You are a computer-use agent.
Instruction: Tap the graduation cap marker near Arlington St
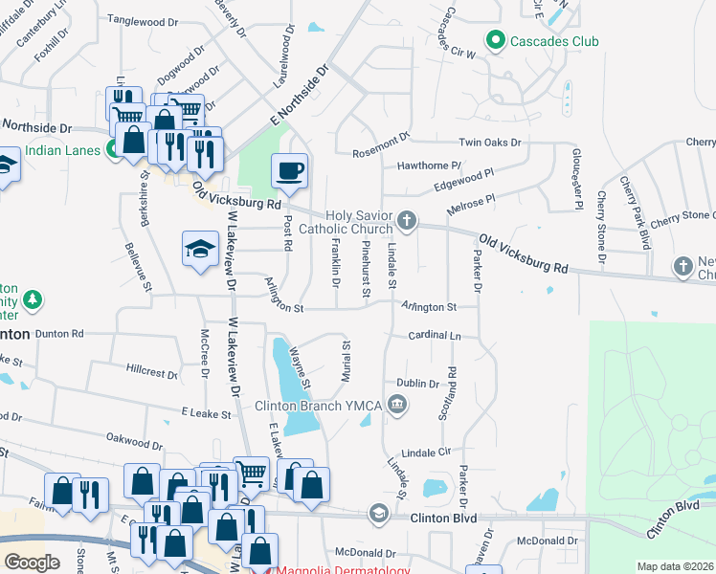tap(200, 249)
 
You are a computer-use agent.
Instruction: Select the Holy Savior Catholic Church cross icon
tap(407, 222)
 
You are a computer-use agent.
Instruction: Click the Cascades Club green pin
tap(495, 41)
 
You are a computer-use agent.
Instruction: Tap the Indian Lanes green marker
tap(113, 149)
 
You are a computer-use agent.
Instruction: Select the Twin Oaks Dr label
tap(490, 143)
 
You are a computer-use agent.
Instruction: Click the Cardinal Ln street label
tap(435, 337)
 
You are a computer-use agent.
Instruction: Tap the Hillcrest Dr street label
tap(151, 369)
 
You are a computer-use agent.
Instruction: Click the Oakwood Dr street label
tap(135, 442)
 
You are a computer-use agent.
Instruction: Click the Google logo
tap(33, 562)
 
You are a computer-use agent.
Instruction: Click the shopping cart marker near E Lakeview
tap(251, 472)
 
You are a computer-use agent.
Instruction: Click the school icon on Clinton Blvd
tap(378, 515)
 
